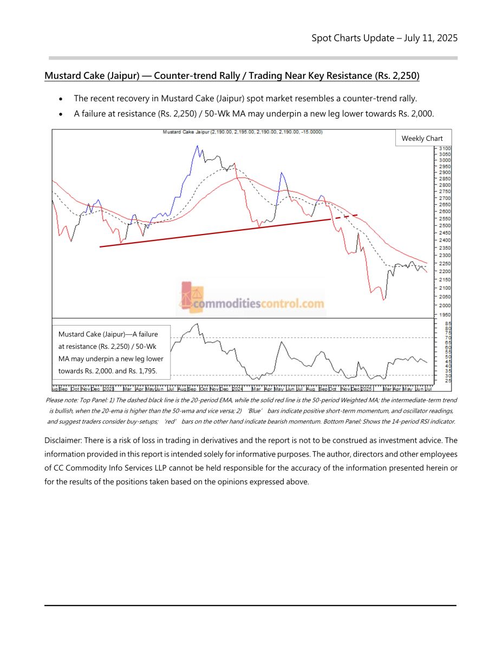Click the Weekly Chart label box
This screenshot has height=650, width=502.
click(x=422, y=138)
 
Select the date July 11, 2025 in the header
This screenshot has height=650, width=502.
click(x=430, y=38)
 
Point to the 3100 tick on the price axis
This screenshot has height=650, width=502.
click(x=445, y=148)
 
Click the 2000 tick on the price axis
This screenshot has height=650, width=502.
click(x=445, y=305)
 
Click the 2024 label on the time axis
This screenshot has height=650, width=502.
click(x=238, y=388)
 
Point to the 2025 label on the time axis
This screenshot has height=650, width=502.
click(x=367, y=388)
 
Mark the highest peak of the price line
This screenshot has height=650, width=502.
click(x=198, y=145)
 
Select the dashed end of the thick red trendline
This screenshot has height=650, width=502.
click(x=349, y=216)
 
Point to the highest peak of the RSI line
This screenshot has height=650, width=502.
click(x=197, y=324)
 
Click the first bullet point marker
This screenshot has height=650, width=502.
click(x=62, y=99)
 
